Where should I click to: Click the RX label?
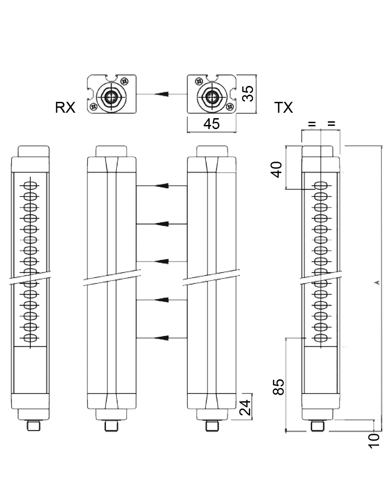(65, 108)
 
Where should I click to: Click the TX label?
(284, 108)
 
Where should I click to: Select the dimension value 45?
(211, 124)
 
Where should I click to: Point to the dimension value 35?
(248, 94)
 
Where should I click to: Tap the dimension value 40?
(276, 169)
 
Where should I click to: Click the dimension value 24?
(245, 407)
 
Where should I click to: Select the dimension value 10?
(374, 440)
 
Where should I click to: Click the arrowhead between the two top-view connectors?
(161, 94)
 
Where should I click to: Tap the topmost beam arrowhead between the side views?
(161, 186)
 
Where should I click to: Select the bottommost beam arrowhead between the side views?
(161, 338)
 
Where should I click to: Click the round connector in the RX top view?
(110, 96)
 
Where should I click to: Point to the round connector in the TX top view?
(210, 96)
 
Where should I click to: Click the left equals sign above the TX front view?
(311, 124)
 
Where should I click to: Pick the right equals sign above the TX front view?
(331, 124)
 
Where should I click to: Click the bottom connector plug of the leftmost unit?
(33, 426)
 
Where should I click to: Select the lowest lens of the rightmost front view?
(321, 338)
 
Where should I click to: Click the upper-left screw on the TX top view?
(198, 81)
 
